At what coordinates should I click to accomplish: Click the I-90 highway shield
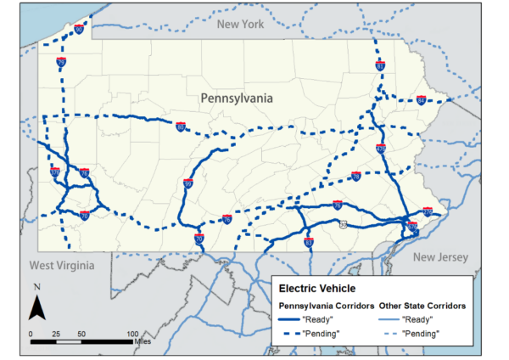78,29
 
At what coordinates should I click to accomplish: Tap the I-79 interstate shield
61,62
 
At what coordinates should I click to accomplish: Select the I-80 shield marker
181,127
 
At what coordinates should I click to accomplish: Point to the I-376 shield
54,172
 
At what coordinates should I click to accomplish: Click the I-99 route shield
187,183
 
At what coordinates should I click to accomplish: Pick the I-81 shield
380,66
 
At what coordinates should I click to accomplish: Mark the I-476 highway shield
381,149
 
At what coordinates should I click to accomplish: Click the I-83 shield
308,243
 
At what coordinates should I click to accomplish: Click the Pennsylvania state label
237,98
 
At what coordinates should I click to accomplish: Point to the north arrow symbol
36,301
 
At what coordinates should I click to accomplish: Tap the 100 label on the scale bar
132,334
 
